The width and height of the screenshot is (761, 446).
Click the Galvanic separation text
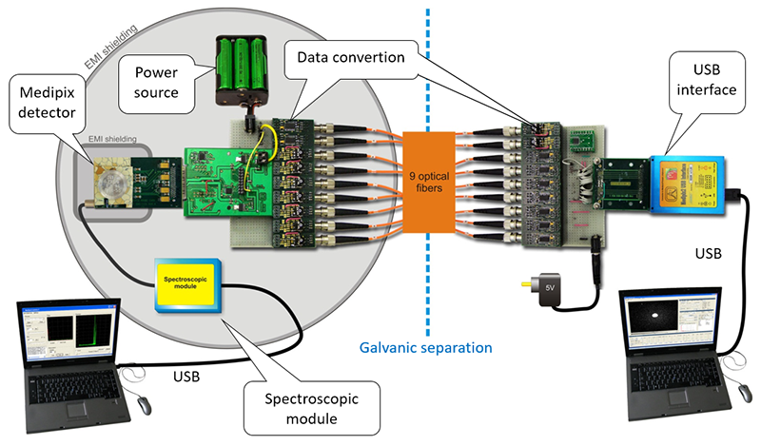(x=424, y=347)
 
